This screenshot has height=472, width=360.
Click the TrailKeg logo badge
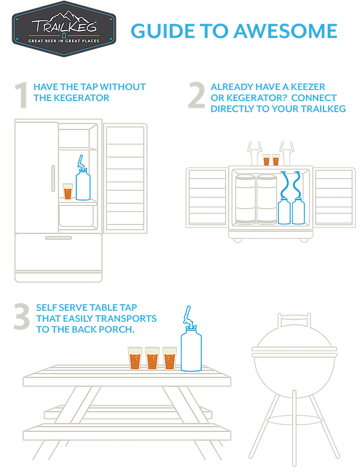[x=64, y=29]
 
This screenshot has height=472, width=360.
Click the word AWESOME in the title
[x=285, y=31]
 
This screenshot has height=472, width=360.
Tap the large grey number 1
[x=21, y=95]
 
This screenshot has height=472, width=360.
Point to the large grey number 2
[x=197, y=95]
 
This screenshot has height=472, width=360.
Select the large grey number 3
[x=22, y=316]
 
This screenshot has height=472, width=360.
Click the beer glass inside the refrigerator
[x=68, y=192]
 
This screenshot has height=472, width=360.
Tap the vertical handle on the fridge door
[x=53, y=178]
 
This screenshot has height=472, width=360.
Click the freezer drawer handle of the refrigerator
[x=58, y=238]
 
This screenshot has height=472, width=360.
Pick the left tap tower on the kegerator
[x=254, y=153]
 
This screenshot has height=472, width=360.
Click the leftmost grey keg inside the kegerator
[x=245, y=199]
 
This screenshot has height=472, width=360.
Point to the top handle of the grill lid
[x=294, y=320]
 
